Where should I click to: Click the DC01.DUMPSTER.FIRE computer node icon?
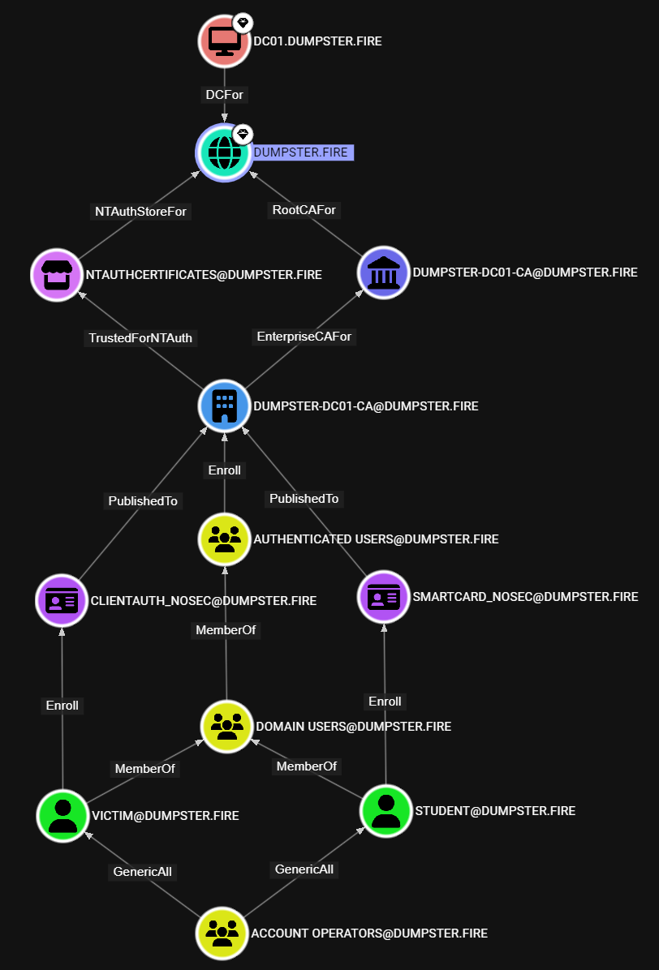pyautogui.click(x=223, y=40)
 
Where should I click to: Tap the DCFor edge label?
pyautogui.click(x=224, y=95)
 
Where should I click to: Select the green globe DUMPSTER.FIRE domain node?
pyautogui.click(x=223, y=152)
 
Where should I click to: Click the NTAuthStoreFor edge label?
pyautogui.click(x=140, y=211)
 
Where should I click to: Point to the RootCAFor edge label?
pyautogui.click(x=304, y=210)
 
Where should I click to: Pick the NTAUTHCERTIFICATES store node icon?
pyautogui.click(x=58, y=274)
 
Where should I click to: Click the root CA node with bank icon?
pyautogui.click(x=383, y=273)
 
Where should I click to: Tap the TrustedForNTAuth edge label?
pyautogui.click(x=140, y=338)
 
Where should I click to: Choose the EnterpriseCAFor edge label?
pyautogui.click(x=304, y=336)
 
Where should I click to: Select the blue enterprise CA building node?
pyautogui.click(x=224, y=406)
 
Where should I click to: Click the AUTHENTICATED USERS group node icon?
pyautogui.click(x=225, y=539)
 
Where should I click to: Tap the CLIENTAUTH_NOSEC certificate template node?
pyautogui.click(x=62, y=601)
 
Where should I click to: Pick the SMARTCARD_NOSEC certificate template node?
pyautogui.click(x=384, y=596)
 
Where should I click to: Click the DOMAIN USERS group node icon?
pyautogui.click(x=226, y=726)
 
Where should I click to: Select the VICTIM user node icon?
pyautogui.click(x=62, y=815)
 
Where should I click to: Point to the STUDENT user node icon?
pyautogui.click(x=385, y=810)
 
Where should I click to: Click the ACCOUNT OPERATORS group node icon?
pyautogui.click(x=222, y=934)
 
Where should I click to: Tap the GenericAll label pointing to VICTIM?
pyautogui.click(x=142, y=872)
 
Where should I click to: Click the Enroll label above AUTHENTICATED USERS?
pyautogui.click(x=225, y=470)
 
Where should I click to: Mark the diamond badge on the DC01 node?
pyautogui.click(x=242, y=22)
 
